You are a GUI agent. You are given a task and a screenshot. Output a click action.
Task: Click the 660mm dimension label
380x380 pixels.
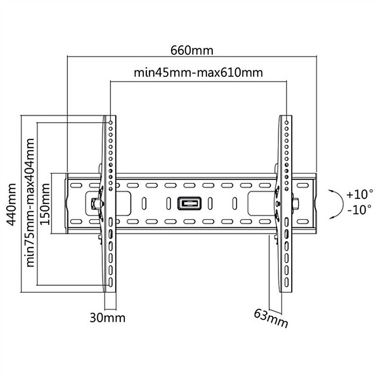(192, 50)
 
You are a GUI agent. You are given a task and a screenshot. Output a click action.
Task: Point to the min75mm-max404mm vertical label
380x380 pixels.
(31, 202)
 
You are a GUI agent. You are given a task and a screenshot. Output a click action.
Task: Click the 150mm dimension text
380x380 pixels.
(46, 202)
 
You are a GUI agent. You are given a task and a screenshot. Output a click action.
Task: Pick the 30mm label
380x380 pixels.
(108, 317)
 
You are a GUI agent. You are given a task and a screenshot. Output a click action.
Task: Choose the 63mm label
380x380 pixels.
(271, 318)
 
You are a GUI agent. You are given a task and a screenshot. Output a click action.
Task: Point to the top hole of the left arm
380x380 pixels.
(111, 123)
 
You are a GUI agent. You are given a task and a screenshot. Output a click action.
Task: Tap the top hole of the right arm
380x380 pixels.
(286, 122)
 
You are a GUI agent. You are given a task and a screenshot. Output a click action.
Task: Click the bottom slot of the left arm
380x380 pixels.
(111, 282)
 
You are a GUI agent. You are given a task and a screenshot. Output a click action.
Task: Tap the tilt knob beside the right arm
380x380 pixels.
(295, 203)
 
